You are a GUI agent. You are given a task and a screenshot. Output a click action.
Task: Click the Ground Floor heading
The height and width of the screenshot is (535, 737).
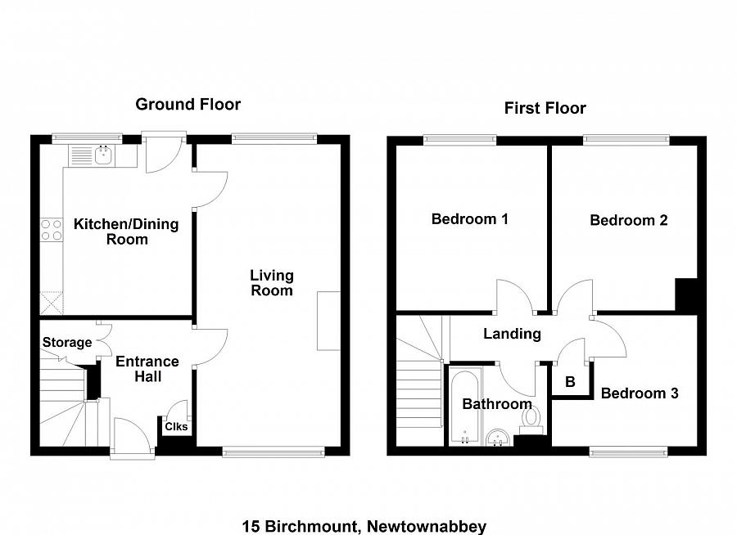click(188, 104)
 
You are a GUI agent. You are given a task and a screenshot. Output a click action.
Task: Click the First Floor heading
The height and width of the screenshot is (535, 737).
click(545, 108)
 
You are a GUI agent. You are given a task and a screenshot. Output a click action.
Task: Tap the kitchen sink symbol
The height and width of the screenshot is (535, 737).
click(103, 153)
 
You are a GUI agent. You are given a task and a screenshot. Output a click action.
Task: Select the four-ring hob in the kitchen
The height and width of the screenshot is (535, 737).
click(52, 230)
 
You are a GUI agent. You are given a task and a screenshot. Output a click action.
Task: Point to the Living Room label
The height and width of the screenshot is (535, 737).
click(271, 283)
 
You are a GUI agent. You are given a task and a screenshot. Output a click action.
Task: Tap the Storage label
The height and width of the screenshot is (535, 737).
click(67, 343)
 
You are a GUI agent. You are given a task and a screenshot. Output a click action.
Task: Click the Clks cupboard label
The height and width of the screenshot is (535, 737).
click(176, 426)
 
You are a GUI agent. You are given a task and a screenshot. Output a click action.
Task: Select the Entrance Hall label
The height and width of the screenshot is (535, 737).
click(147, 369)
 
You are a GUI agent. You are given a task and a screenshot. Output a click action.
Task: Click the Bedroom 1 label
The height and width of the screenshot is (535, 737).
click(470, 219)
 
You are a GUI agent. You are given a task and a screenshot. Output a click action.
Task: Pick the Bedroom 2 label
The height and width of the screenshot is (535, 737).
click(628, 220)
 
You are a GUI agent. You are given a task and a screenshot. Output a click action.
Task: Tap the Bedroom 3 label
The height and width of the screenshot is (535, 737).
click(639, 393)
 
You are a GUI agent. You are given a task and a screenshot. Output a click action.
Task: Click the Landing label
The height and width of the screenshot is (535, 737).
click(512, 334)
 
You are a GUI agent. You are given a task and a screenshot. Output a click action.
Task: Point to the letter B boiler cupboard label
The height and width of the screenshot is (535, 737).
click(570, 381)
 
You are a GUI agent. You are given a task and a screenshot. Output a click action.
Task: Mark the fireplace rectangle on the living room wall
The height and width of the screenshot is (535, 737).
click(328, 320)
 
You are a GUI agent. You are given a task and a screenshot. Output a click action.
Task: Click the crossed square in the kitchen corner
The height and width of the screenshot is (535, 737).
click(52, 303)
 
